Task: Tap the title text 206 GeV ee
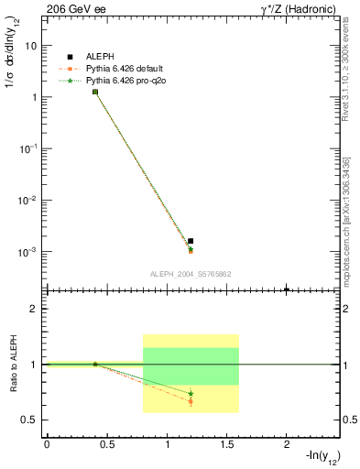coord(77,9)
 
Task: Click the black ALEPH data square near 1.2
coord(191,241)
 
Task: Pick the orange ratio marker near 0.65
coord(191,401)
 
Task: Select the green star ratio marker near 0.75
coord(191,393)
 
